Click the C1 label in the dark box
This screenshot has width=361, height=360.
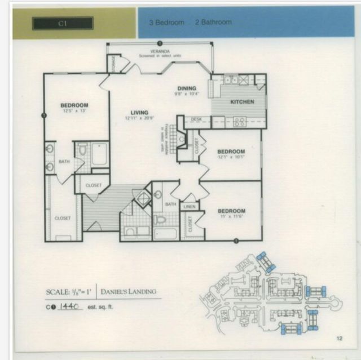[62, 23]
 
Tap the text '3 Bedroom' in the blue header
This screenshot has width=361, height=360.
[167, 23]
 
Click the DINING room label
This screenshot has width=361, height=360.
[186, 88]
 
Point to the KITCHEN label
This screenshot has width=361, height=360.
[242, 101]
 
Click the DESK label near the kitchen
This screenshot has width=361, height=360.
[196, 119]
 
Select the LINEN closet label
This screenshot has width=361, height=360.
[189, 207]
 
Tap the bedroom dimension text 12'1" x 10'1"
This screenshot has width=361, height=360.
[231, 157]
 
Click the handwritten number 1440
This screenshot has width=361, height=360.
[71, 306]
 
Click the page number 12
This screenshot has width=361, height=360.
[339, 338]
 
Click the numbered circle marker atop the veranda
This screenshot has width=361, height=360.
[160, 43]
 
